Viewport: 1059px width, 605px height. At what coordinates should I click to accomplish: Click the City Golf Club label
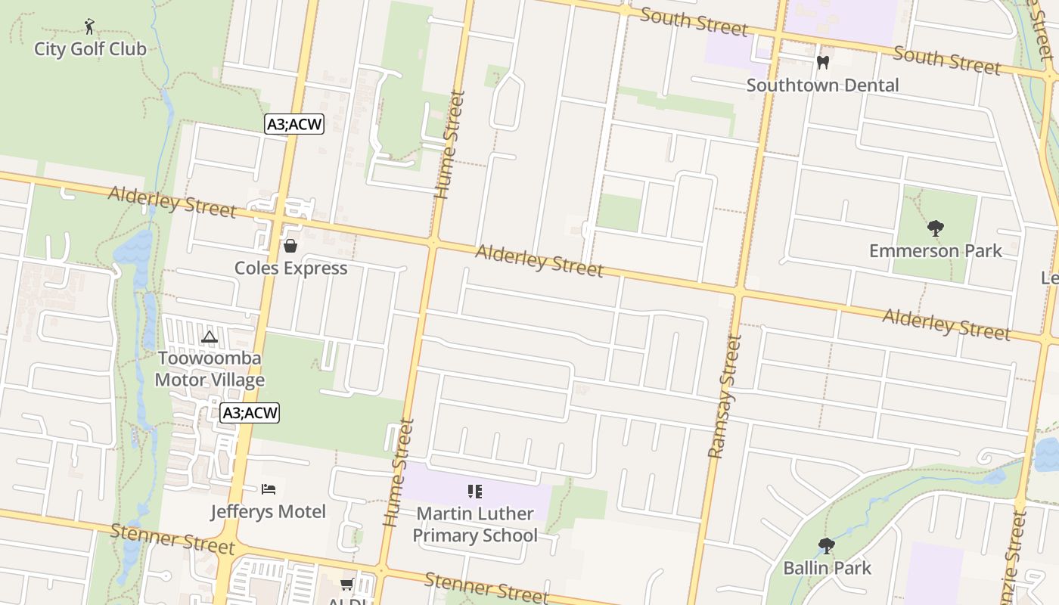pos(90,49)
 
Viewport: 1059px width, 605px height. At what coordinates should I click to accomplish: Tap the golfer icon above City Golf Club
pos(90,26)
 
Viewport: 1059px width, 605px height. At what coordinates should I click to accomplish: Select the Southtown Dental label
pos(822,85)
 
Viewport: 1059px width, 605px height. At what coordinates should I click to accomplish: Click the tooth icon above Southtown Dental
pos(824,62)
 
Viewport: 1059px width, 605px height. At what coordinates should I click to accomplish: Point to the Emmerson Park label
pos(935,250)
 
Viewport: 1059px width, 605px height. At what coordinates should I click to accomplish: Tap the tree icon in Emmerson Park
pos(936,228)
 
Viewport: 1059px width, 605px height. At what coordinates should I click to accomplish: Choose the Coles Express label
pos(290,268)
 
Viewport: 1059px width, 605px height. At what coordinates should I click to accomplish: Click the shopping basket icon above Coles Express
pos(290,245)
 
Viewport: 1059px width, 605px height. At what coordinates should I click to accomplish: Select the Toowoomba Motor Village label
pos(210,368)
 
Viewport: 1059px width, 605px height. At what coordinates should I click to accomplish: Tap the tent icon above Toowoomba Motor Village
pos(210,336)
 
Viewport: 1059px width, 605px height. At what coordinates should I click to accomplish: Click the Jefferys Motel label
pos(268,511)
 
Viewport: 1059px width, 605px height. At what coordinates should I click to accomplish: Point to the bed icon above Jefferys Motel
pos(269,489)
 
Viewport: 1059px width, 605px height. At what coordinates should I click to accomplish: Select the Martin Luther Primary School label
pos(475,524)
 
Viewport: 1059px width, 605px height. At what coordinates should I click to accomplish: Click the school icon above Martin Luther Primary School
pos(475,492)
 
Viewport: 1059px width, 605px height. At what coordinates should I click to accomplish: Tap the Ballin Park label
pos(827,567)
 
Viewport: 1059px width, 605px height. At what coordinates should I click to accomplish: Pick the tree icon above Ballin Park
pos(827,544)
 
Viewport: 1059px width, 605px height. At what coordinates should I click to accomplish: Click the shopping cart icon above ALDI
pos(346,583)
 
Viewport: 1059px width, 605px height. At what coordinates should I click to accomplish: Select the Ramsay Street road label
pos(724,397)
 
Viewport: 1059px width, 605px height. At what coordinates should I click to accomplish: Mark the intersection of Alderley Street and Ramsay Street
pos(739,292)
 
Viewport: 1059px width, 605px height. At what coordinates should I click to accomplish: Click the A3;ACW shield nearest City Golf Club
pos(294,124)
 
